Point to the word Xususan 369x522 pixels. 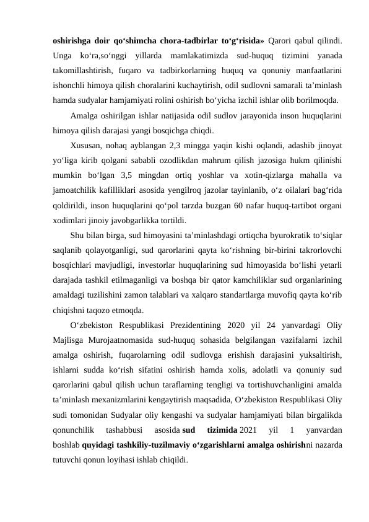[x=87, y=146]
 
